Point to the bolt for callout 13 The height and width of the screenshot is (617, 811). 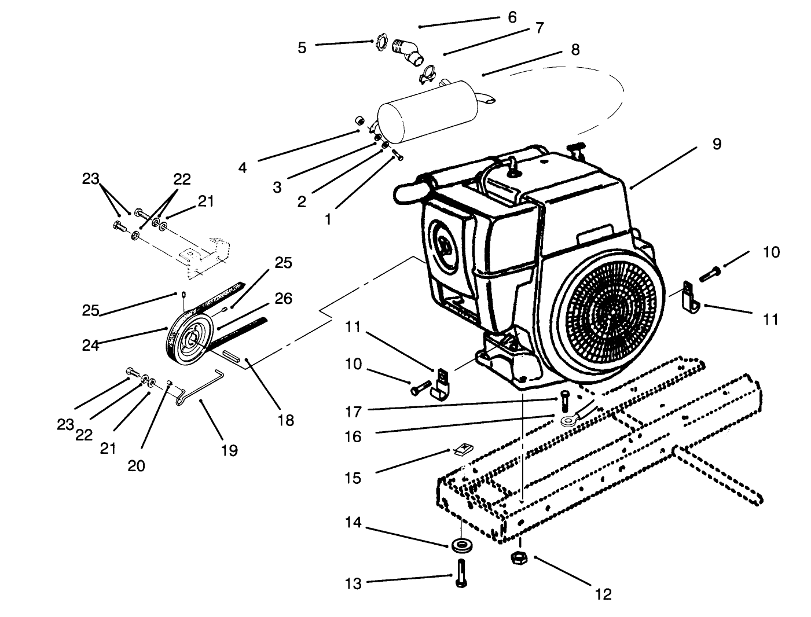pyautogui.click(x=461, y=574)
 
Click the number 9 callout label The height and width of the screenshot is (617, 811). pyautogui.click(x=717, y=144)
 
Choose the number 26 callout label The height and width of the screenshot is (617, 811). pyautogui.click(x=283, y=299)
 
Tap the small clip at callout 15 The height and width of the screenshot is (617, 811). pyautogui.click(x=462, y=449)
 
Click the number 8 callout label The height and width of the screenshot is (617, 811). pyautogui.click(x=574, y=50)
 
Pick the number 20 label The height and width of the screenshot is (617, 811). pyautogui.click(x=137, y=465)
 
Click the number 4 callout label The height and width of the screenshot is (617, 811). pyautogui.click(x=242, y=168)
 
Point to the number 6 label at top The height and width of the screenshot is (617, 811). pyautogui.click(x=512, y=17)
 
